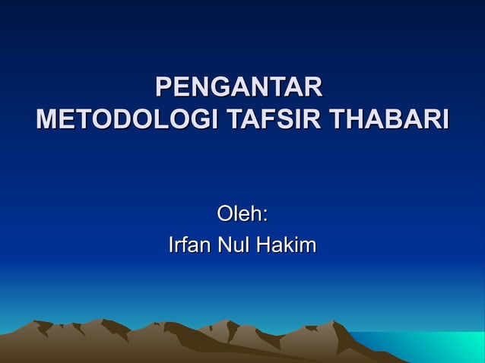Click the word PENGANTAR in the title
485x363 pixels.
[239, 87]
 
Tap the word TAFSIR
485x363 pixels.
[265, 120]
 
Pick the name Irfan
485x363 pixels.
[190, 246]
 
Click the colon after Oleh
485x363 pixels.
[265, 217]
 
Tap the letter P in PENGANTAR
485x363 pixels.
[163, 87]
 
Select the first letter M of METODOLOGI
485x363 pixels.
[47, 120]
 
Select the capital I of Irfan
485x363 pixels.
[170, 246]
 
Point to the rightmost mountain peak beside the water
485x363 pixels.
[332, 324]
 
